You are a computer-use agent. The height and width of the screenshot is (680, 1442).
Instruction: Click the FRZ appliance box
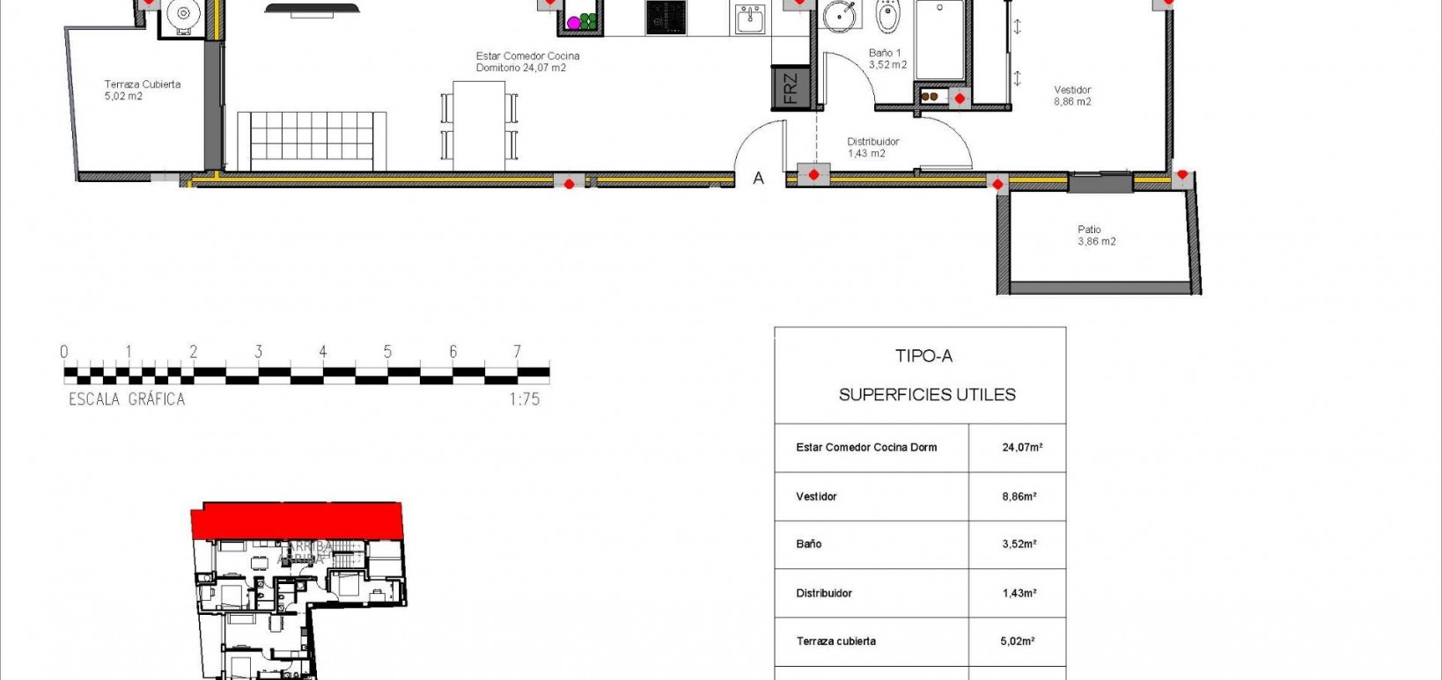click(790, 89)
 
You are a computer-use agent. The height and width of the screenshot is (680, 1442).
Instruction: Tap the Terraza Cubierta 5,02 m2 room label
click(142, 90)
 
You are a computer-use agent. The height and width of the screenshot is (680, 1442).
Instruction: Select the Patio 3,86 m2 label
click(1095, 235)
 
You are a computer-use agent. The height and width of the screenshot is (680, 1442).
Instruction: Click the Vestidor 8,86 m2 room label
click(1072, 95)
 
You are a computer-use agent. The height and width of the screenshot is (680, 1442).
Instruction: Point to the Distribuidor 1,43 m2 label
click(872, 147)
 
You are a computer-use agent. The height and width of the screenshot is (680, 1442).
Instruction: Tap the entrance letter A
click(758, 179)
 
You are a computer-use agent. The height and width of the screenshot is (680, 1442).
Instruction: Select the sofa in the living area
click(312, 141)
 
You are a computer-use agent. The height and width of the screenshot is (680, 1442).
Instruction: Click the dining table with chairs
click(479, 126)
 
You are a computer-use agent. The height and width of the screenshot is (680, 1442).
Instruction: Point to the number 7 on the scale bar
click(517, 351)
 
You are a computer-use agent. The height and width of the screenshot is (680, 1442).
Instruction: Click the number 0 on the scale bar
click(64, 352)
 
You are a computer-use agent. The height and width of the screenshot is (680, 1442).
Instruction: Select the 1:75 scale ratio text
click(524, 399)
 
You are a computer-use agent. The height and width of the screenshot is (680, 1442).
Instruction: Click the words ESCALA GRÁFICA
click(127, 399)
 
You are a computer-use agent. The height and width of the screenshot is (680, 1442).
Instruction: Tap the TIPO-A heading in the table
click(923, 356)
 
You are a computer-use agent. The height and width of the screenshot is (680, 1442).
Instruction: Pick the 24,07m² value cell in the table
click(1021, 448)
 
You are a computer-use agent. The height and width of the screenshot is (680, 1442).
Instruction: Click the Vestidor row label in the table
click(816, 497)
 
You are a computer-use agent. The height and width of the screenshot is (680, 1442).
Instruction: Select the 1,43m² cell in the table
click(1019, 594)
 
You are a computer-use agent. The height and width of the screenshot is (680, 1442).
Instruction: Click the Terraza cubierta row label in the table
click(835, 641)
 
